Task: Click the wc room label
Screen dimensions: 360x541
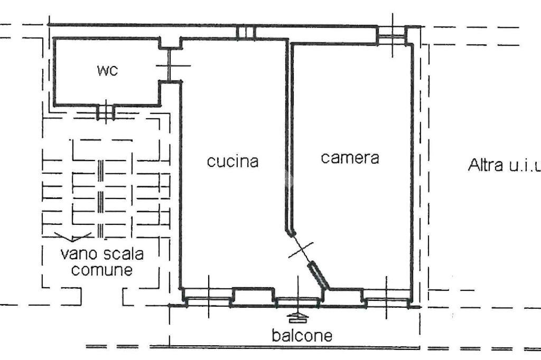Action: (x=107, y=71)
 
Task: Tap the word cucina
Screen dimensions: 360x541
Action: (x=232, y=161)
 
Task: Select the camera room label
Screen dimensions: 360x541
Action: (x=350, y=157)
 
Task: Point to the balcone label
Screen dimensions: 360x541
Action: (x=302, y=335)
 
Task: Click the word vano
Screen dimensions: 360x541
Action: (x=78, y=254)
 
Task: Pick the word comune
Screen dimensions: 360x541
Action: (x=102, y=271)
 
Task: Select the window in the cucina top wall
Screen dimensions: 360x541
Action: (x=246, y=33)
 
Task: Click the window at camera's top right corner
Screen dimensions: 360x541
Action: (x=391, y=36)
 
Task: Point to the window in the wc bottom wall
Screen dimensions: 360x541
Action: (x=106, y=111)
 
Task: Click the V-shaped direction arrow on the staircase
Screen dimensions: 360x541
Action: (x=73, y=237)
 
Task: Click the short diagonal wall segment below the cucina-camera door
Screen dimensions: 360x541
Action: (x=319, y=275)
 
